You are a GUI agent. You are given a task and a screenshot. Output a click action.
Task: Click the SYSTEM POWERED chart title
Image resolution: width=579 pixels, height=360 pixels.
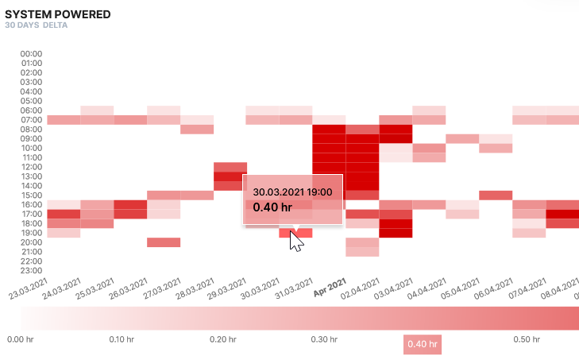point(57,14)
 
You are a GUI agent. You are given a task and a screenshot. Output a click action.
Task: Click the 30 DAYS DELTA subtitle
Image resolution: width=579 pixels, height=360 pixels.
point(36,25)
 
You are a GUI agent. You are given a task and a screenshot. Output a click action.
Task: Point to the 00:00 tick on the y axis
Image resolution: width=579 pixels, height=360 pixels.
point(31,54)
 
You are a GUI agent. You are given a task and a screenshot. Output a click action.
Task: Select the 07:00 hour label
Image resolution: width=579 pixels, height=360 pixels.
point(31,120)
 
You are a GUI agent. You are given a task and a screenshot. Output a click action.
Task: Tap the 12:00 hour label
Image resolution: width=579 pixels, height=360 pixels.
point(31,167)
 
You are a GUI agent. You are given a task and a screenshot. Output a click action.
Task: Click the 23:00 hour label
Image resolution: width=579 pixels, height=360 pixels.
point(31,270)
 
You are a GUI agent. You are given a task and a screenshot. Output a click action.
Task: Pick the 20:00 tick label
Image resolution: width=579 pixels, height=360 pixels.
point(31,242)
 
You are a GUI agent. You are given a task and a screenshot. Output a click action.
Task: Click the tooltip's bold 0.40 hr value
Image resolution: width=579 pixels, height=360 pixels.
point(272,207)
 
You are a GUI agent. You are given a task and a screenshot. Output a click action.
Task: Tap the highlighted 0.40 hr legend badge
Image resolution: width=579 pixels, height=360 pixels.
point(422,344)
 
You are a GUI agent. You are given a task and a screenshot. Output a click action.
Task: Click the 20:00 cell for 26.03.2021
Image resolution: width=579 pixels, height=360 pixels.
point(164,242)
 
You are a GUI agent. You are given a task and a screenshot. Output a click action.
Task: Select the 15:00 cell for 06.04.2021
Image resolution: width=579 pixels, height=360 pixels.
point(496,195)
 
